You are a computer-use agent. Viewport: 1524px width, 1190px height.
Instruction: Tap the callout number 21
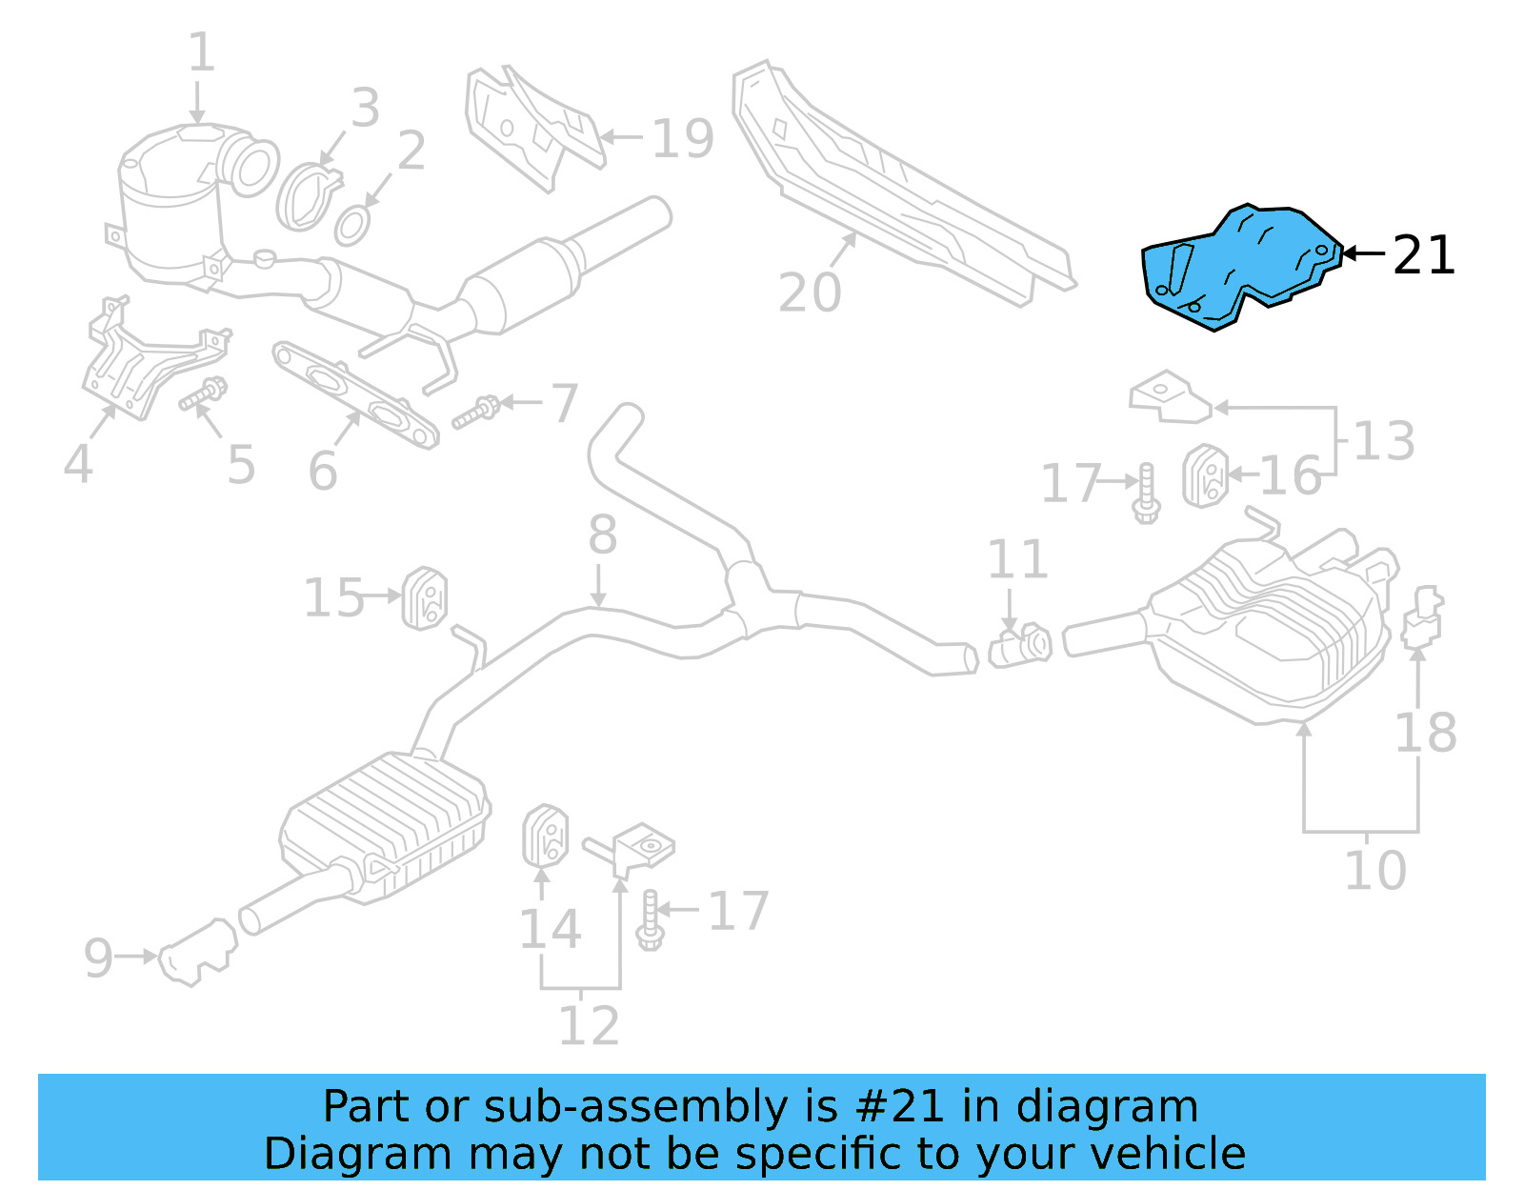(1424, 255)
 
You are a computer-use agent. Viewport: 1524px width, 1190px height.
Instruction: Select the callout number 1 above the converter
(201, 52)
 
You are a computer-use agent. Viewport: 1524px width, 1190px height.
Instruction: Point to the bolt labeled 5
(203, 395)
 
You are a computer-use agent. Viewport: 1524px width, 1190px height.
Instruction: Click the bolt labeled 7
(476, 413)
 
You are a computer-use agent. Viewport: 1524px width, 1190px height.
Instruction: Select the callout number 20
(810, 292)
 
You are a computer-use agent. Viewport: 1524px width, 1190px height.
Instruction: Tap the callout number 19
(682, 139)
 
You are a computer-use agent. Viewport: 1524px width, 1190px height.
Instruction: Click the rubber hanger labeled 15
(425, 598)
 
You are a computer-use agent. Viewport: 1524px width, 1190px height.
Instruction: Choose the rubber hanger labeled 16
(1204, 475)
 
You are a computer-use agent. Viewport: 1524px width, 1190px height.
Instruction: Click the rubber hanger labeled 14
(545, 836)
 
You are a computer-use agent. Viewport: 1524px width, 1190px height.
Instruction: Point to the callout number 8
(602, 534)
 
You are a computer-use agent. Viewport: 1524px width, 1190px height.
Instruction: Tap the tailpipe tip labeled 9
(195, 953)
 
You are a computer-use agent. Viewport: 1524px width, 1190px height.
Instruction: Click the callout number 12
(588, 1025)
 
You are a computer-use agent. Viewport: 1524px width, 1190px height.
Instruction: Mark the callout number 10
(1374, 870)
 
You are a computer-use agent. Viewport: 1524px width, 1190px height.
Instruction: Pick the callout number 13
(1383, 440)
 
